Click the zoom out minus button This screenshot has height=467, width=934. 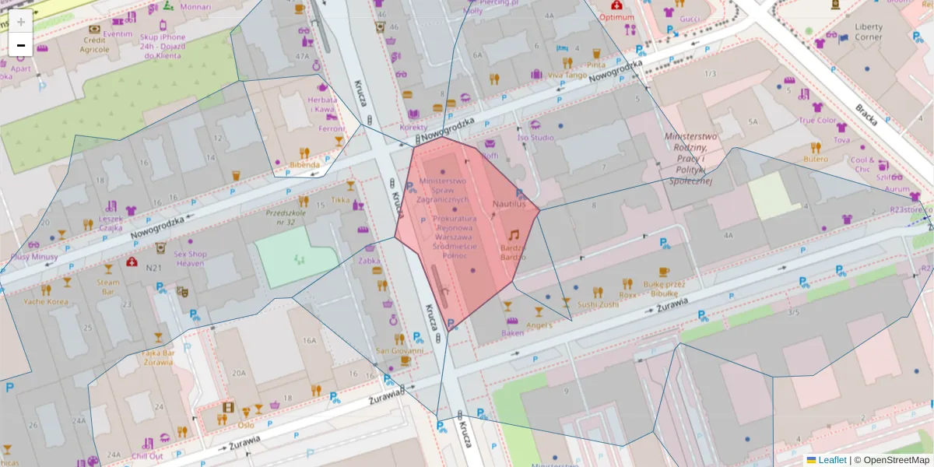21,45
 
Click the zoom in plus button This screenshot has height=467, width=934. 21,22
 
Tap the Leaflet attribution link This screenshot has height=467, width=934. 831,460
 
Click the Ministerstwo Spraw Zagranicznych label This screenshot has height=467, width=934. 443,189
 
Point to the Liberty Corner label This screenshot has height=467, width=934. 869,32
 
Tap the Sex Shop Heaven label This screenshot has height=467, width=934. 189,258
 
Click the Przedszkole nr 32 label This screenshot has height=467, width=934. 286,217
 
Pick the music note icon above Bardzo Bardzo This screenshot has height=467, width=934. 513,234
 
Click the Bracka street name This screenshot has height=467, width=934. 866,114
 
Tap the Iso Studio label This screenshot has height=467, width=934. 535,138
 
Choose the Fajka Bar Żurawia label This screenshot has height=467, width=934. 158,356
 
